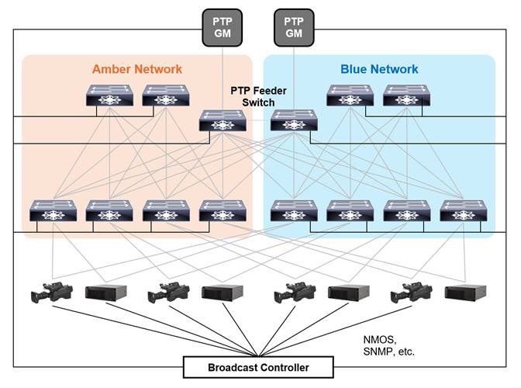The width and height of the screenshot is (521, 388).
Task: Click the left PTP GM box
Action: click(x=223, y=28)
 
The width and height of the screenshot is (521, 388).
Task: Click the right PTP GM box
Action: click(x=294, y=28)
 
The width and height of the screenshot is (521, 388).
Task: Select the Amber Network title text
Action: click(x=137, y=69)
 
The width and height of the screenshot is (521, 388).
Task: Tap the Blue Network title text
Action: click(x=379, y=69)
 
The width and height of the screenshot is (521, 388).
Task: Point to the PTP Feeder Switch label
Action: click(x=258, y=96)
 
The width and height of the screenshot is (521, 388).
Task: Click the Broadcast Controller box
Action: click(x=258, y=367)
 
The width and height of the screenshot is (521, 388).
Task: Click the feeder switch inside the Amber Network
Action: click(x=223, y=120)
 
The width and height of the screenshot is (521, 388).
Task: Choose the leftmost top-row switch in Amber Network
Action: click(x=109, y=95)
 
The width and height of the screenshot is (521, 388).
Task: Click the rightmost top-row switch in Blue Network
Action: click(x=407, y=95)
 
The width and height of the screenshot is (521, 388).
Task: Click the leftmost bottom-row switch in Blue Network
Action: click(x=294, y=210)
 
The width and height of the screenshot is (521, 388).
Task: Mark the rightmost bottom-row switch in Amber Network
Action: click(x=223, y=210)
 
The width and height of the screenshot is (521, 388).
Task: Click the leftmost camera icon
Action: click(x=52, y=293)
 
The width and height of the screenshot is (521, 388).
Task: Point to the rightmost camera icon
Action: click(x=412, y=293)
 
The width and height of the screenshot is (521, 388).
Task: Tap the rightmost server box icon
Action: click(x=465, y=293)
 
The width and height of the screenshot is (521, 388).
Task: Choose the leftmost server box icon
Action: click(x=105, y=293)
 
